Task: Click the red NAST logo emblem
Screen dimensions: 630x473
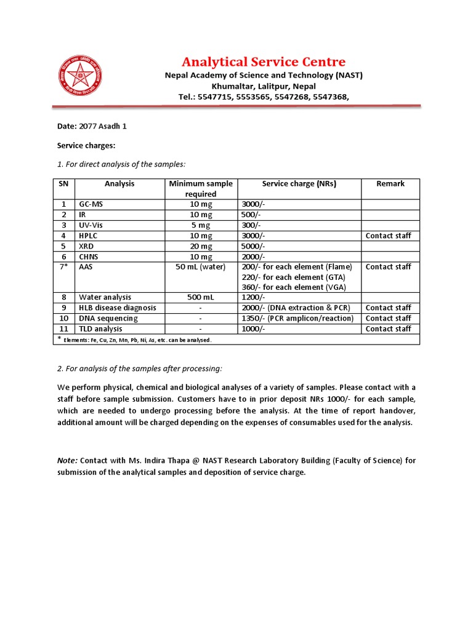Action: (x=80, y=76)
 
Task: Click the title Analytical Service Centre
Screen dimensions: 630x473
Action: (x=263, y=62)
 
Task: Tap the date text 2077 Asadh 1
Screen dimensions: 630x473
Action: (x=103, y=126)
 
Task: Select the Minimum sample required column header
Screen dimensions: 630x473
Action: (x=201, y=188)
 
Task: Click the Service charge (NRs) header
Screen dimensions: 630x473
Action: (x=299, y=183)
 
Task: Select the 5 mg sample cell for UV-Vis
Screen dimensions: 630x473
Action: (x=201, y=225)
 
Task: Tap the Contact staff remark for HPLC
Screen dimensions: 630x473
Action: (x=388, y=236)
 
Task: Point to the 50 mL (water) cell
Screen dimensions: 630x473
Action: (x=201, y=267)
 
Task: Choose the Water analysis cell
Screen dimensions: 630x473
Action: (x=105, y=297)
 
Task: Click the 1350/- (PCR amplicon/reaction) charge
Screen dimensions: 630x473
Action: (x=297, y=318)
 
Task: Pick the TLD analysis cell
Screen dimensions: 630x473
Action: (x=100, y=329)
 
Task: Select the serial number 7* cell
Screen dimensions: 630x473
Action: (x=63, y=267)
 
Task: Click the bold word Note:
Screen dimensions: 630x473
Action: (x=67, y=460)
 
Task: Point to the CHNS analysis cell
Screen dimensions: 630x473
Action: (x=89, y=257)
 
